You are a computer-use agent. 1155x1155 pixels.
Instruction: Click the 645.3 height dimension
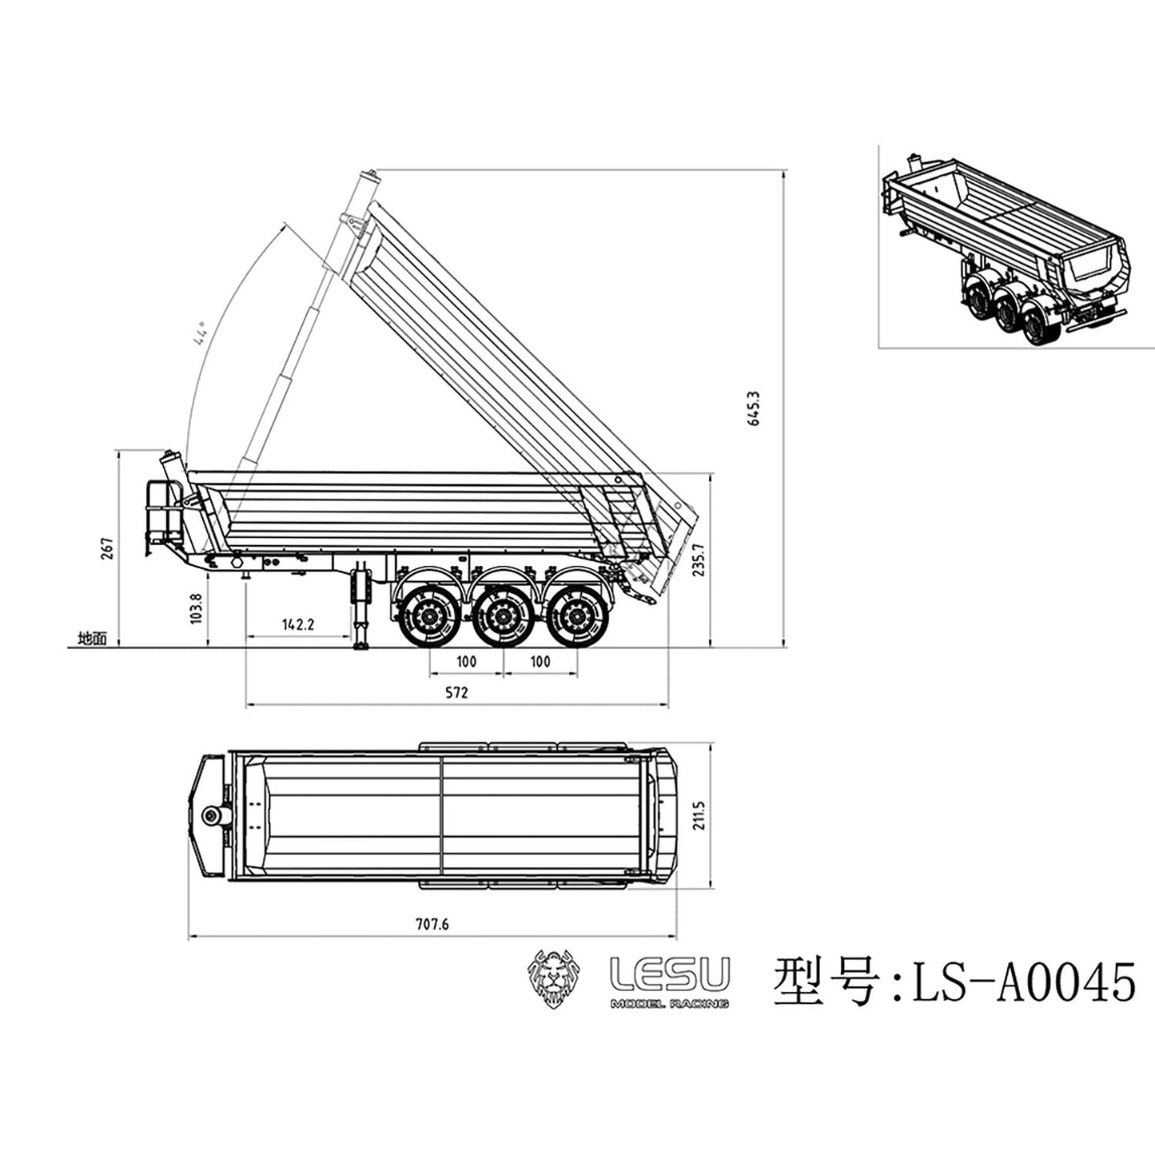(x=753, y=408)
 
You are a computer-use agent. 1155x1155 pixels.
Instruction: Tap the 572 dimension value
(x=456, y=692)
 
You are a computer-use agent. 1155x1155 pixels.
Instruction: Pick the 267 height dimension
(x=107, y=548)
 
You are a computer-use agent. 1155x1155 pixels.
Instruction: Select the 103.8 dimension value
(x=197, y=607)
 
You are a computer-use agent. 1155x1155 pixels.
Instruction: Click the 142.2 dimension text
(x=297, y=623)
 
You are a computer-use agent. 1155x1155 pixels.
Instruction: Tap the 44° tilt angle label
(x=199, y=333)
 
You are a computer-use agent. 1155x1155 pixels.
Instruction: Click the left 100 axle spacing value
(x=466, y=661)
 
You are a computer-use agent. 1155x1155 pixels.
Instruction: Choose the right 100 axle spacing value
(x=540, y=661)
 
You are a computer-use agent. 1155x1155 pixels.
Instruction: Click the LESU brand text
(x=669, y=974)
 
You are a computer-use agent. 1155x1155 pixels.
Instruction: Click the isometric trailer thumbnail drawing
(x=1011, y=248)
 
